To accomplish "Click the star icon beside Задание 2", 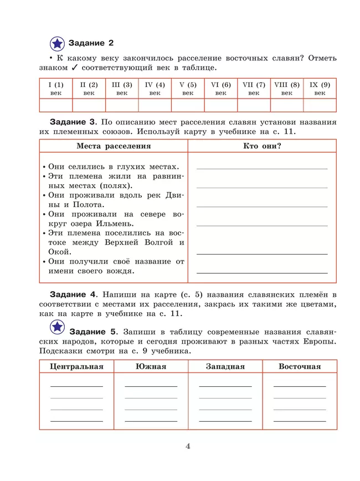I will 57,43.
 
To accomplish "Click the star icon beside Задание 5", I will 57,328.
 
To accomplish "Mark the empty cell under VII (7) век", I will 254,105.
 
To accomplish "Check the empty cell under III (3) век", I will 122,105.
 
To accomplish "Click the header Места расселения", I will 114,146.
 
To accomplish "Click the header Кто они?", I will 262,146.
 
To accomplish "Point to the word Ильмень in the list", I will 115,224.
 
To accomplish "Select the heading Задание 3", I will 73,122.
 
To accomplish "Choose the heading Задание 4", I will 73,293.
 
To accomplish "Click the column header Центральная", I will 76,366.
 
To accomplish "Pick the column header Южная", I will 151,366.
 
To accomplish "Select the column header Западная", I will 225,366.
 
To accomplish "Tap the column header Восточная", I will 300,366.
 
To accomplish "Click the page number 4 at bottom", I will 188,447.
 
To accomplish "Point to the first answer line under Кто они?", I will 262,168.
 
